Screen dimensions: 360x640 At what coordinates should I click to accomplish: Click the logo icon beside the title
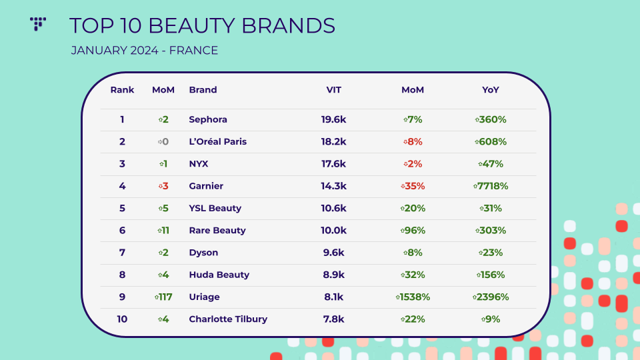click(x=38, y=24)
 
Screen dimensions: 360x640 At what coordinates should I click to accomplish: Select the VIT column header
click(x=333, y=90)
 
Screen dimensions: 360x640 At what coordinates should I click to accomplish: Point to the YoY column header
click(x=491, y=90)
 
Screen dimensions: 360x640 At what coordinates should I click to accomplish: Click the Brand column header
click(x=203, y=90)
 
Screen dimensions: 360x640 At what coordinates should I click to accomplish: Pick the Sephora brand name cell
click(x=208, y=120)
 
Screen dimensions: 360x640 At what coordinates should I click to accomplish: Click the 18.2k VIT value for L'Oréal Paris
click(x=333, y=142)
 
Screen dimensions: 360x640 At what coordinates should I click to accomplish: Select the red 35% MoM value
click(x=413, y=186)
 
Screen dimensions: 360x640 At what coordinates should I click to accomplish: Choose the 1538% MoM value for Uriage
click(x=413, y=297)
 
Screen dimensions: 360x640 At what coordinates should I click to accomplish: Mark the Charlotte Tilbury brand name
click(x=228, y=319)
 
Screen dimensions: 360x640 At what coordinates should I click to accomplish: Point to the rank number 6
click(x=122, y=231)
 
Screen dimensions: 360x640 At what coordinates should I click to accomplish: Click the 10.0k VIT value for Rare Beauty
click(x=333, y=231)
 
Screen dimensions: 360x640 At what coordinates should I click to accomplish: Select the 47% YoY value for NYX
click(x=491, y=164)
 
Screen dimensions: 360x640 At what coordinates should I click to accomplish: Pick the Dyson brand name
click(x=203, y=253)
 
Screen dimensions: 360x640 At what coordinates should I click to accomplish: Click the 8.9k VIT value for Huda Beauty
click(x=333, y=275)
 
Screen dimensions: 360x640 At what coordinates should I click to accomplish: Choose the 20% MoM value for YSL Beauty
click(x=413, y=208)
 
